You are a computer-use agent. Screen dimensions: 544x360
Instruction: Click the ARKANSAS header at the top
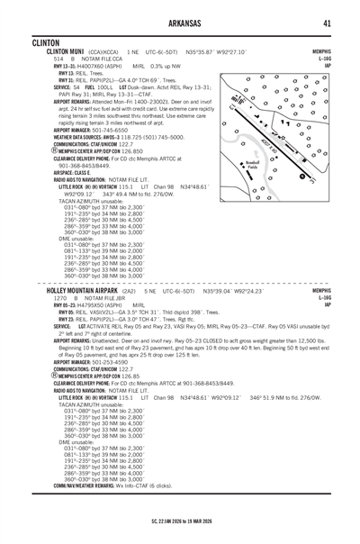[179, 23]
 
